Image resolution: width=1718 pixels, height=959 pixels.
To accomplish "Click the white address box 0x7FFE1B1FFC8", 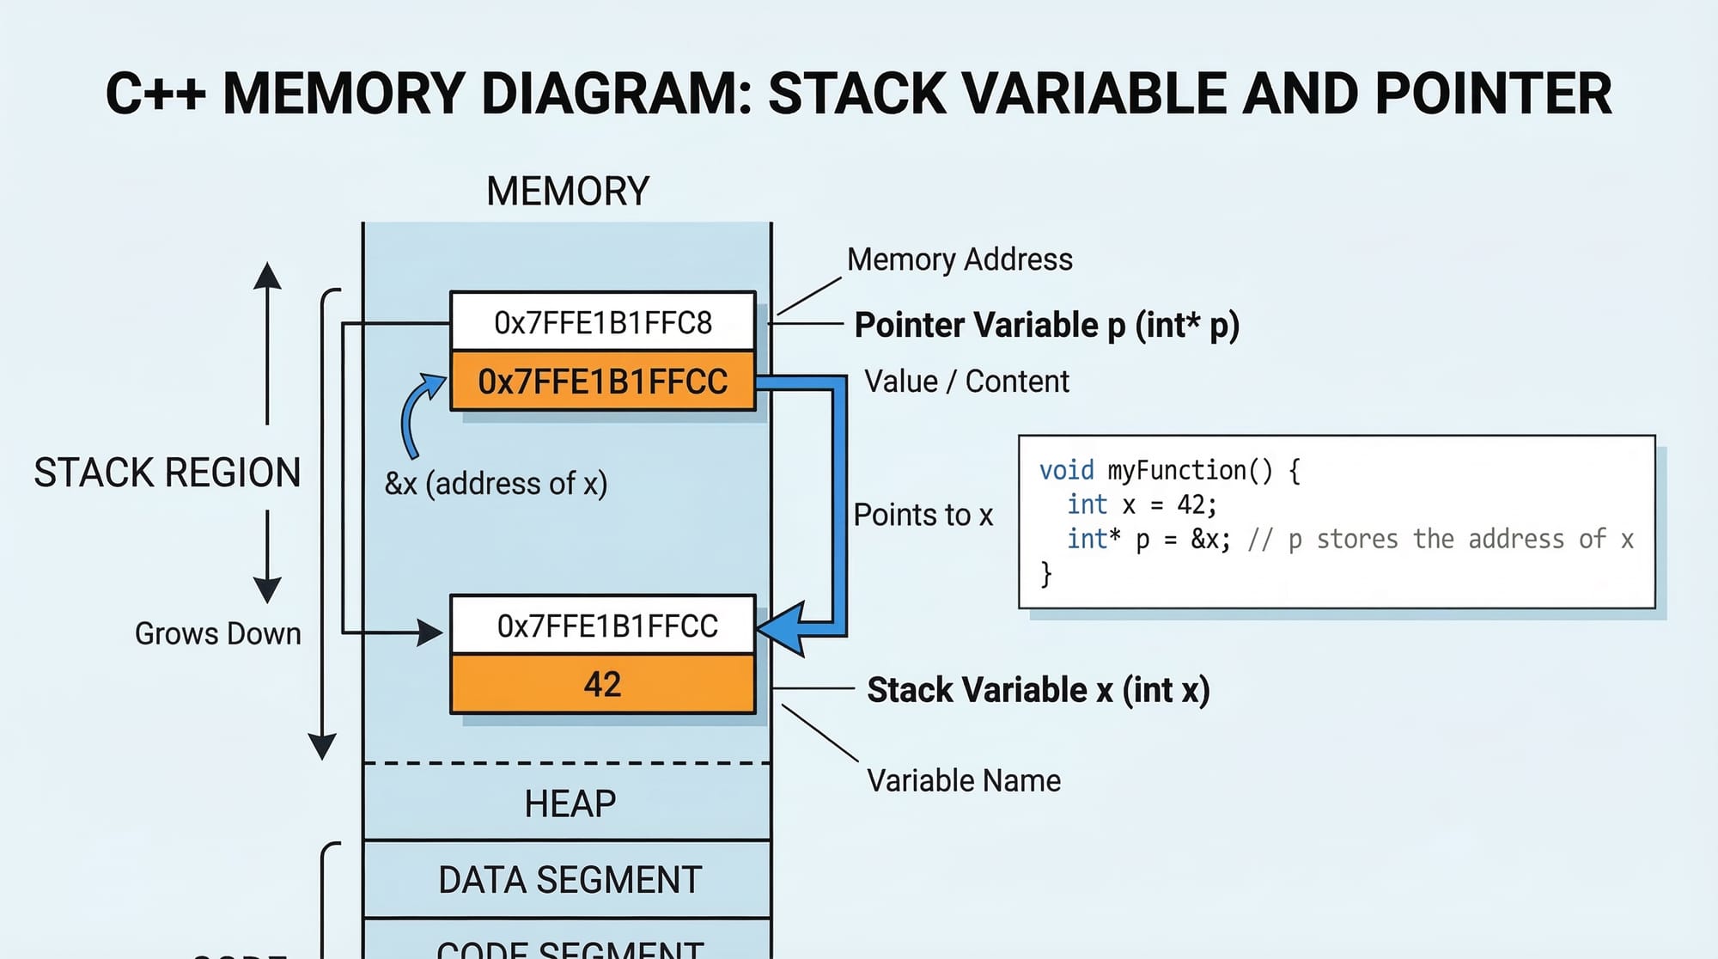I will tap(602, 322).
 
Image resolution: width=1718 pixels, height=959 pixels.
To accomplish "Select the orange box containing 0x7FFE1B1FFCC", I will tap(602, 381).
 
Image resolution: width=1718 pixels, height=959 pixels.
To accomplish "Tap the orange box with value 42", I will tap(602, 684).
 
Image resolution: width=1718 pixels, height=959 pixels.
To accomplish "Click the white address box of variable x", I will tap(606, 626).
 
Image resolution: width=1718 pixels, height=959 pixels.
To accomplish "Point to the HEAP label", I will tap(570, 803).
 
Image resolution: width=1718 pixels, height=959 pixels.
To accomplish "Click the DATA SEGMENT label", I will tap(570, 880).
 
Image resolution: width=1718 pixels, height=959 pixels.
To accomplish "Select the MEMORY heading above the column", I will tap(568, 191).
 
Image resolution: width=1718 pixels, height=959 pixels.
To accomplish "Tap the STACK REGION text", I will tap(168, 473).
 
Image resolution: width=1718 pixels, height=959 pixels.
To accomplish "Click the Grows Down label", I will tap(218, 634).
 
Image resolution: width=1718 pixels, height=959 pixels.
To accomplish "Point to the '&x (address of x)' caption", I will tap(496, 484).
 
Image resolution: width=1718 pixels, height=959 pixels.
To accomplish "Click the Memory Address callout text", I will tap(960, 260).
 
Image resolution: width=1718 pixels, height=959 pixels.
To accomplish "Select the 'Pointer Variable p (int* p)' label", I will tap(1046, 326).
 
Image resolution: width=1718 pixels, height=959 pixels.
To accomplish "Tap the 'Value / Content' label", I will tap(966, 382).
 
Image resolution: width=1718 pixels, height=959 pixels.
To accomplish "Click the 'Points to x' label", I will tap(923, 515).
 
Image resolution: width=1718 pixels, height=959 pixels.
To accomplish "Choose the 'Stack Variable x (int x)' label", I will tap(1038, 690).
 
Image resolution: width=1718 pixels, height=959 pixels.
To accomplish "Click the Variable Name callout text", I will tap(964, 780).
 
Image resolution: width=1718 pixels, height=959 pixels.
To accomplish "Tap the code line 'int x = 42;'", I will tap(1142, 504).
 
